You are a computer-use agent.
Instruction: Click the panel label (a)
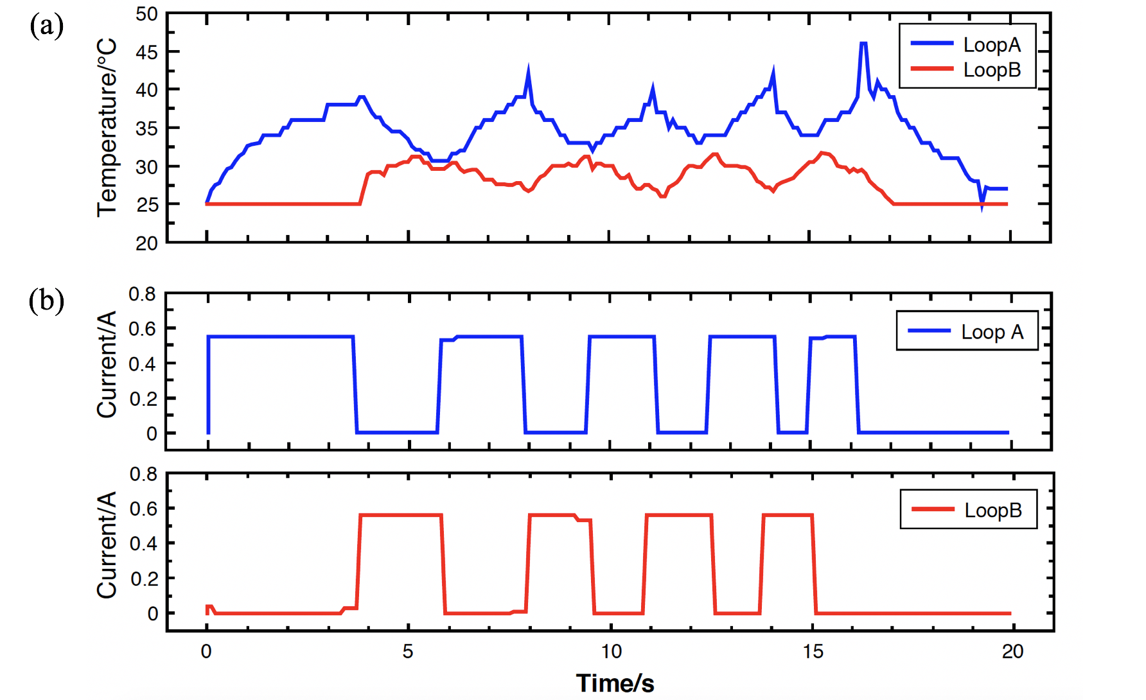coord(46,26)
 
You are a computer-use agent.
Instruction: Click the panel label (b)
coord(46,301)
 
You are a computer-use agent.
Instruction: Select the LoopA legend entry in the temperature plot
coord(991,44)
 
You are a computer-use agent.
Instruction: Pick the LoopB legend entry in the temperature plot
coord(991,69)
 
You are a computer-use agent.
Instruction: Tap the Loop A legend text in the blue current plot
coord(992,332)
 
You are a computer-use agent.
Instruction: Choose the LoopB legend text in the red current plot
coord(993,510)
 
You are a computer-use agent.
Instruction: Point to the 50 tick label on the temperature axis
coord(146,14)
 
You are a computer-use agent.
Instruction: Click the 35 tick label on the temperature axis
coord(146,128)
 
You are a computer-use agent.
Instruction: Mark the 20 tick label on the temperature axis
coord(146,243)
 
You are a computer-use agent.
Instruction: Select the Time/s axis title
coord(615,683)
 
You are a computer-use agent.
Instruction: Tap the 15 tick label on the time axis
coord(813,652)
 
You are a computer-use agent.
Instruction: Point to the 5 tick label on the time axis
coord(408,652)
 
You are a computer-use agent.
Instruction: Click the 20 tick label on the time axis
coord(1012,652)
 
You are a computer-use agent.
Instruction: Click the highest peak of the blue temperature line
coord(863,44)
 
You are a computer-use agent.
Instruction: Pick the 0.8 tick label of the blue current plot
coord(142,294)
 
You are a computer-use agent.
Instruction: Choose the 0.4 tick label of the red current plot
coord(143,544)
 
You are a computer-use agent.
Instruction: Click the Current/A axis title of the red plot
coord(107,545)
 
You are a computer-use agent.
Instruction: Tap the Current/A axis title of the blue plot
coord(107,365)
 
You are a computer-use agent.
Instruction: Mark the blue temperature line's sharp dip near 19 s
coord(982,206)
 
